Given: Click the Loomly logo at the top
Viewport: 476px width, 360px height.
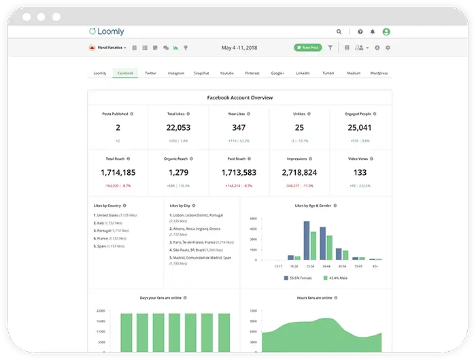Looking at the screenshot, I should point(107,31).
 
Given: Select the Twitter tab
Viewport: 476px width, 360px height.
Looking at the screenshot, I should point(150,73).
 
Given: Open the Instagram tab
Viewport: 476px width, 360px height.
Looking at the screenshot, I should point(176,73).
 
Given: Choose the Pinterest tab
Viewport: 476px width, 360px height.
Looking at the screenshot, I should point(252,73).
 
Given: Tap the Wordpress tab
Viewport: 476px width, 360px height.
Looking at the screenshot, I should point(379,73).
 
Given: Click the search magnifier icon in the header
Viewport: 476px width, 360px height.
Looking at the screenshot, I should point(339,31).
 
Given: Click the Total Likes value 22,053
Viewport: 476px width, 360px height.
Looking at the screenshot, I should point(178,128).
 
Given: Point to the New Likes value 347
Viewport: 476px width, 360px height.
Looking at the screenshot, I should point(239,128).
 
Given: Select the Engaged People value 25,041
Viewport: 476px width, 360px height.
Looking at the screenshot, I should point(360,128).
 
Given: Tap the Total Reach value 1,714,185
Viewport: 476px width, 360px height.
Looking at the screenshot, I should point(118,173).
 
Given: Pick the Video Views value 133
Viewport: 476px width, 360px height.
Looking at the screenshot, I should point(360,173).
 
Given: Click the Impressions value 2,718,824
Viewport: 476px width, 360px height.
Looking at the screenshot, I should point(299,173).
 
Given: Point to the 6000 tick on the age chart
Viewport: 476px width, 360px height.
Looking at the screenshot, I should point(252,219).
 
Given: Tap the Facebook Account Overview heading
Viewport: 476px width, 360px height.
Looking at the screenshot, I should point(239,98).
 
